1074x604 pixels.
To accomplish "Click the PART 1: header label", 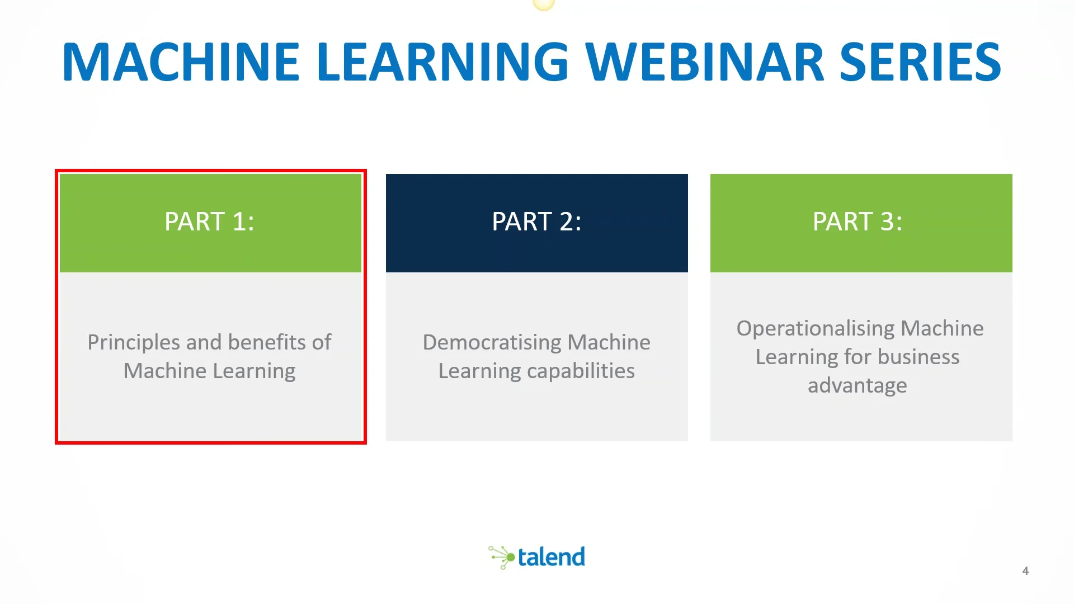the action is click(210, 221).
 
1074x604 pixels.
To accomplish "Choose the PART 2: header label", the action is click(537, 221).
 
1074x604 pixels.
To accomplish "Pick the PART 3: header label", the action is click(858, 221).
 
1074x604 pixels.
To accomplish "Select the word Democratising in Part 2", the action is click(492, 343).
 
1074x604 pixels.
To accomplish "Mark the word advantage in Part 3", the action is click(858, 386).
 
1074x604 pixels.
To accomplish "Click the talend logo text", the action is click(552, 557).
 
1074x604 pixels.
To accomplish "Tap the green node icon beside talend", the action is click(501, 557).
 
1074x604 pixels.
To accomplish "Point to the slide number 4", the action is click(1025, 571).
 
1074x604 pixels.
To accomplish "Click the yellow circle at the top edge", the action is click(544, 4).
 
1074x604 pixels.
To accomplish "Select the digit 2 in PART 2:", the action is click(566, 221).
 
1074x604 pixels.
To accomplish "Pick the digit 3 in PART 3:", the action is click(887, 221).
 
